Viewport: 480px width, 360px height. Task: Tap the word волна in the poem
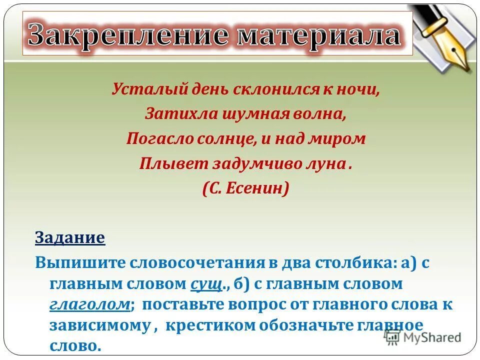tap(322, 114)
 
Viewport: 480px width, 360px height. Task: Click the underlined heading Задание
tap(70, 237)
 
